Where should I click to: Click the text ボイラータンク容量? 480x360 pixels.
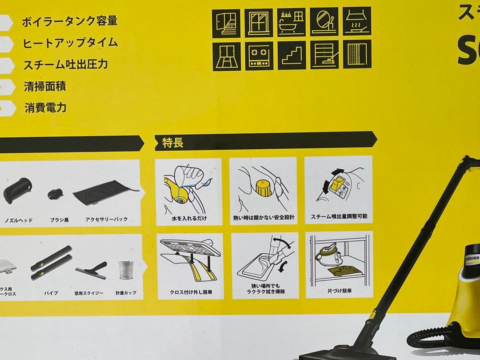coord(70,21)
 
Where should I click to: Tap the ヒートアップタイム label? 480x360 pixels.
coord(70,43)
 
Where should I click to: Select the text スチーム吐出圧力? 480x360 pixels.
coord(66,64)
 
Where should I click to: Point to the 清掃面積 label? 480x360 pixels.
coord(45,86)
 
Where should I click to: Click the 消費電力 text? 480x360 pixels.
coord(45,108)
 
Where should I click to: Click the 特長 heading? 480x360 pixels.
coord(169,143)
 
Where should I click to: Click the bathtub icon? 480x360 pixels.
coord(292,22)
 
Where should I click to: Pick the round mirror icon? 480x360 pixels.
coord(324,22)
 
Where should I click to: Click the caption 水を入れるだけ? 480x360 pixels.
coord(189,218)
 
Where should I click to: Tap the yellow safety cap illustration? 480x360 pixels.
coord(263,188)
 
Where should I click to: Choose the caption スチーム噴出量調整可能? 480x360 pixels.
coord(339,217)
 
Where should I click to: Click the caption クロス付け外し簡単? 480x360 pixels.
coord(190,292)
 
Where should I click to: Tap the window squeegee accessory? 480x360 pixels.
coord(92,270)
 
